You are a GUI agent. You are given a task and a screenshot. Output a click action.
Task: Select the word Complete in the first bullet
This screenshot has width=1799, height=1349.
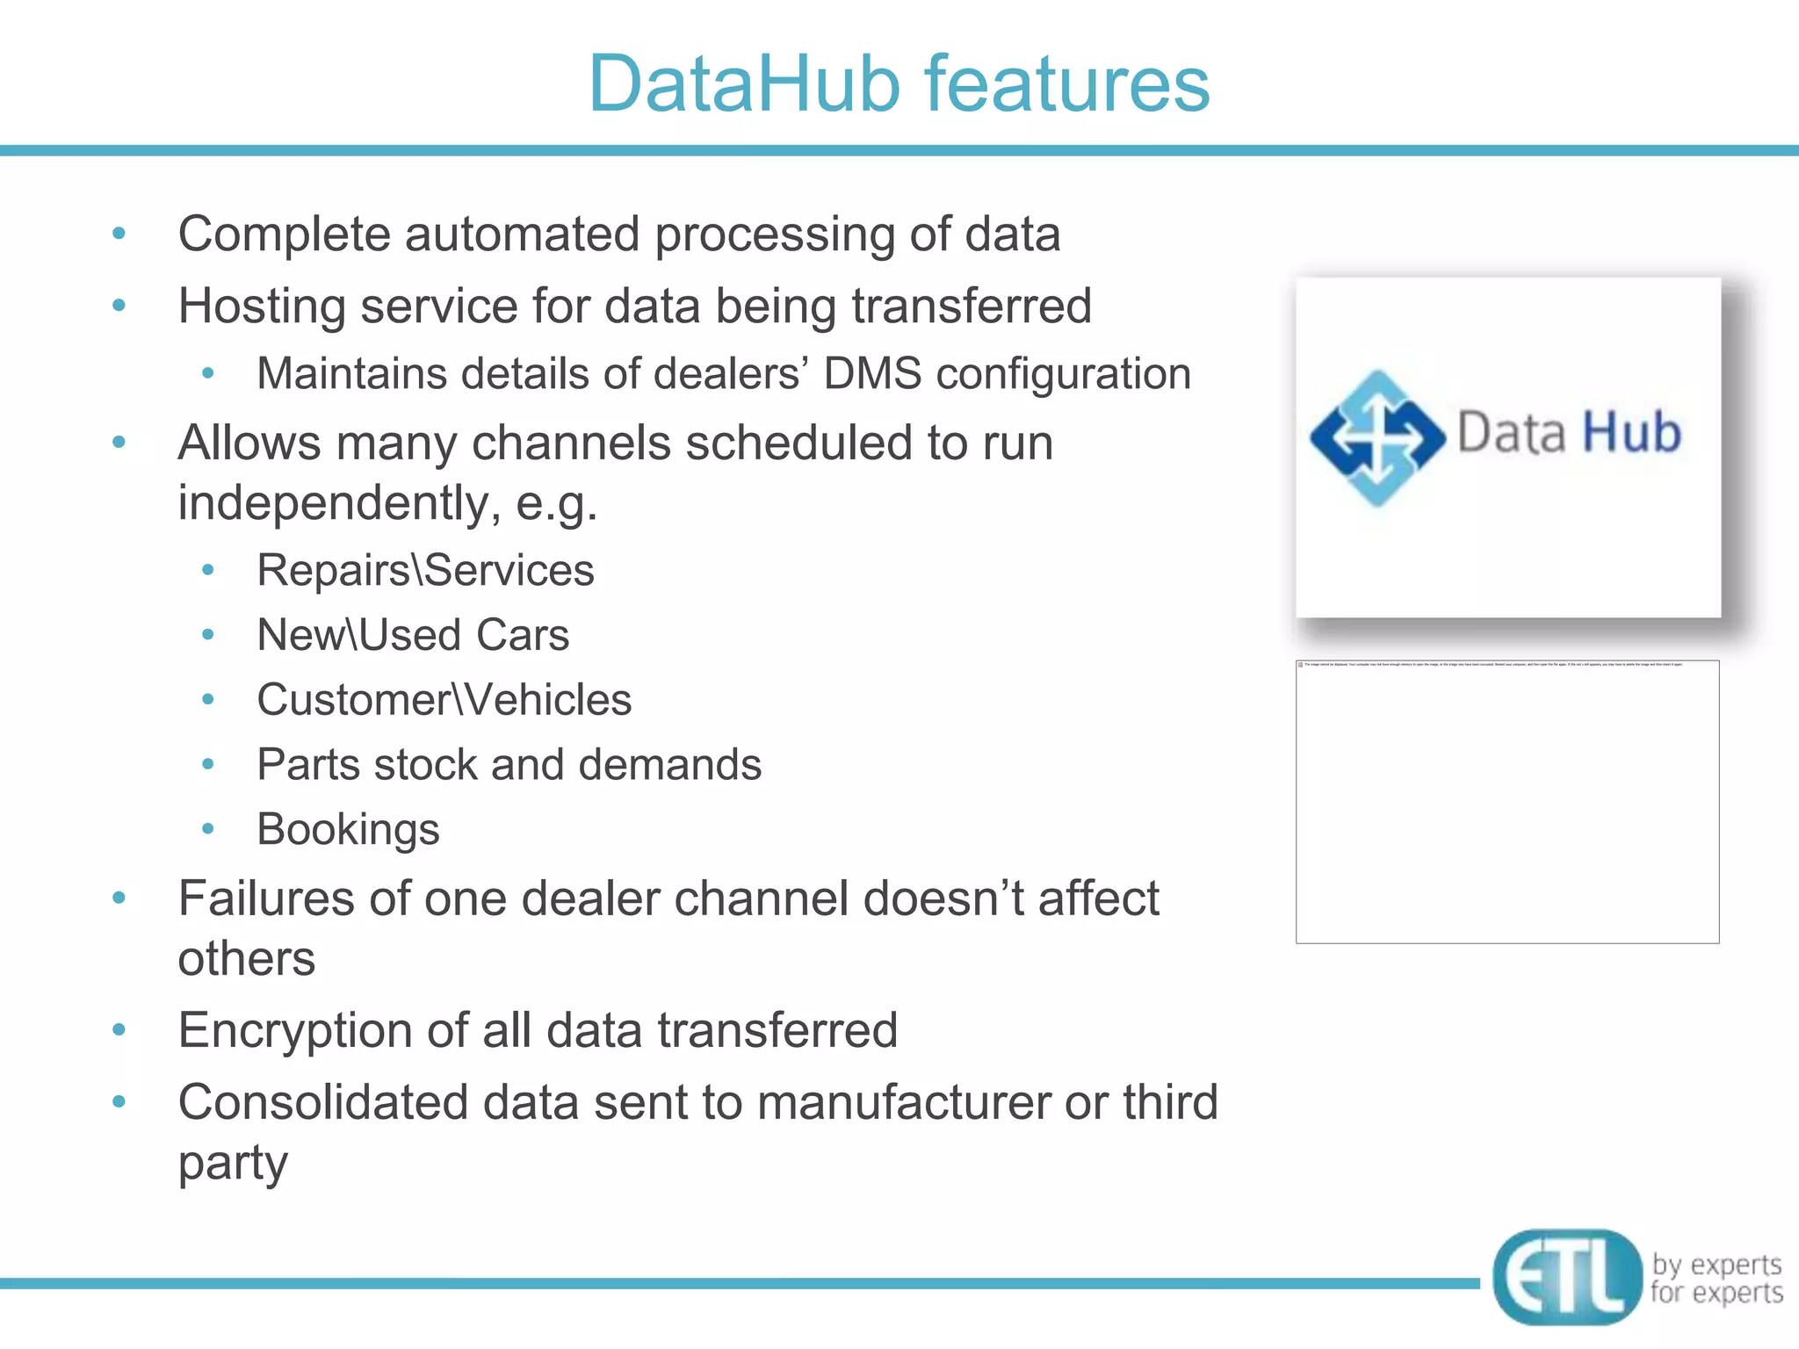pyautogui.click(x=284, y=235)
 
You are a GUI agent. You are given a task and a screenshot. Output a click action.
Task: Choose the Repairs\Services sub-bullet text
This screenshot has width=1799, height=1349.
pyautogui.click(x=425, y=571)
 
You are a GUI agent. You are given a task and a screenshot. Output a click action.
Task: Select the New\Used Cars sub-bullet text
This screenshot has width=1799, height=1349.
pyautogui.click(x=413, y=636)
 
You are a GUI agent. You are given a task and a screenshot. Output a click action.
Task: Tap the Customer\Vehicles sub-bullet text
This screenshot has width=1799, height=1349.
pyautogui.click(x=444, y=701)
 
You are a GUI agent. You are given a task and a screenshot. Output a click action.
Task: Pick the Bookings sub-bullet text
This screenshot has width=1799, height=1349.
pyautogui.click(x=348, y=830)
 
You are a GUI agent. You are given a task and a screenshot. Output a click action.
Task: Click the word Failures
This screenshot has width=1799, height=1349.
pyautogui.click(x=266, y=899)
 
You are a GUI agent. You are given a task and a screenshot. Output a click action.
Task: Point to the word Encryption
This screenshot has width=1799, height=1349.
pyautogui.click(x=296, y=1031)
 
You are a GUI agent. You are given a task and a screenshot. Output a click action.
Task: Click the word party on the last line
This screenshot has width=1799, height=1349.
pyautogui.click(x=233, y=1165)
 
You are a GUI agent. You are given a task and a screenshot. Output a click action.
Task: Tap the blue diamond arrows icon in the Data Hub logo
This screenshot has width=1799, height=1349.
pyautogui.click(x=1376, y=437)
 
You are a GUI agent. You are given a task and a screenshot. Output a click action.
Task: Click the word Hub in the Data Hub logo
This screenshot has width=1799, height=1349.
pyautogui.click(x=1631, y=433)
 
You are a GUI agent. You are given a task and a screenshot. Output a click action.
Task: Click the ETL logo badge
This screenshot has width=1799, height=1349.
pyautogui.click(x=1566, y=1276)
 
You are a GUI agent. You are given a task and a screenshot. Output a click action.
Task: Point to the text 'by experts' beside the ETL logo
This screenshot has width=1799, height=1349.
pyautogui.click(x=1716, y=1265)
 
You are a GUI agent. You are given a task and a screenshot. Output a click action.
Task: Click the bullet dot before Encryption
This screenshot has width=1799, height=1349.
pyautogui.click(x=119, y=1029)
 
